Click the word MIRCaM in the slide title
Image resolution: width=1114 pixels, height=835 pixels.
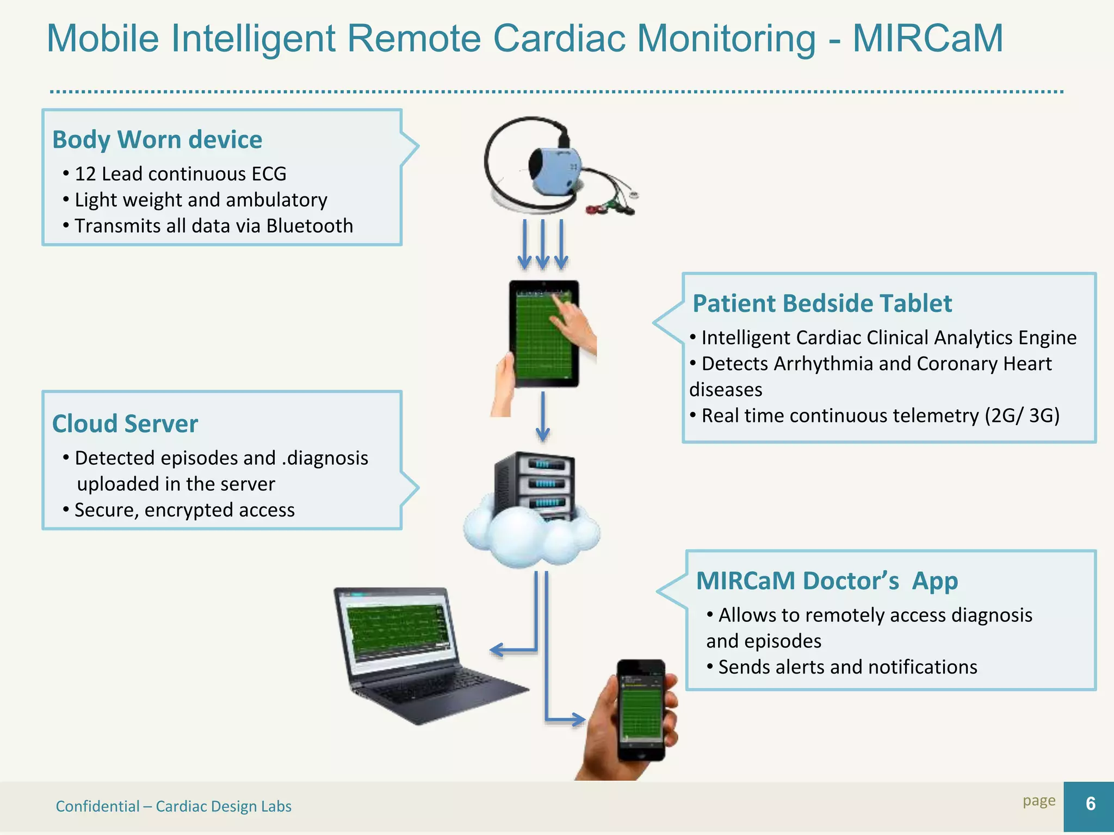[x=927, y=39]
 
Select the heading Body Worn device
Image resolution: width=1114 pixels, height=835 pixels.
[x=157, y=140]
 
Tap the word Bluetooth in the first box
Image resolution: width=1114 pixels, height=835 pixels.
[x=310, y=226]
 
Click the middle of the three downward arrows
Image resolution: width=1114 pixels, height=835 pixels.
[x=542, y=245]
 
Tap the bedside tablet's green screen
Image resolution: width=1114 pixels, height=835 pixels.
[x=541, y=337]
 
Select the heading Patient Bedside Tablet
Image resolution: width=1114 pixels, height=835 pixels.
[x=822, y=303]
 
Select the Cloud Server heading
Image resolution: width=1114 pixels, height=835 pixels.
[x=125, y=424]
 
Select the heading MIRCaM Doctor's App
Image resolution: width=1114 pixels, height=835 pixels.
[x=827, y=581]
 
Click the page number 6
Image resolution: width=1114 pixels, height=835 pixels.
[x=1090, y=804]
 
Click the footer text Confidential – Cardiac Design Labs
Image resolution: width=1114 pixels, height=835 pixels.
[x=174, y=806]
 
